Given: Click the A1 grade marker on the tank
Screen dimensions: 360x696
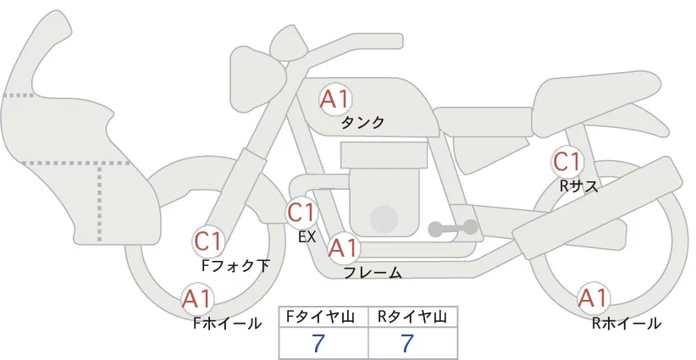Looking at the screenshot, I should point(334,99).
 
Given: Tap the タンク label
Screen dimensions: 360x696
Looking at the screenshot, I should point(362,123).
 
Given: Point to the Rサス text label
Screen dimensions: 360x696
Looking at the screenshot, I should point(578,186).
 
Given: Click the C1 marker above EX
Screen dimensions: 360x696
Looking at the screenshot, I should point(301,212).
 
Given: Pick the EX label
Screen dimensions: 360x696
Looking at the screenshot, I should point(307,237).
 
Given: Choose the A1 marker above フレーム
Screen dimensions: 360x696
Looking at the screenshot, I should point(343,248).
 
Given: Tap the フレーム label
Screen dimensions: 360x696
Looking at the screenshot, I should point(373,273).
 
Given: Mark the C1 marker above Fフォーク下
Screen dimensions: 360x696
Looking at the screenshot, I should point(207,241).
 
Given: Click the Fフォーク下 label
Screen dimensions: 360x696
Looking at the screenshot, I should point(235,266).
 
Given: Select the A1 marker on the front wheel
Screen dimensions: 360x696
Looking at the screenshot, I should point(197,298).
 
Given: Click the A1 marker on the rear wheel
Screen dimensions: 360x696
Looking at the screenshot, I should point(593,298).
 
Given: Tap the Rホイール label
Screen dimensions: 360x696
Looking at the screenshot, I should point(627,323).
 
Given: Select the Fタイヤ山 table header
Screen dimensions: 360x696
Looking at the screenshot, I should point(323,317).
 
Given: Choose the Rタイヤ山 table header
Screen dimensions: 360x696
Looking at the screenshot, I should point(412,317).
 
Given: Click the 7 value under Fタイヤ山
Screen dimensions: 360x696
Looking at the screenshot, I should point(318,343).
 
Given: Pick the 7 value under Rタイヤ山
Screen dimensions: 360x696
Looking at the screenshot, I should point(407,343).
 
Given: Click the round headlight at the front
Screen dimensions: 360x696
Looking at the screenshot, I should point(255,68).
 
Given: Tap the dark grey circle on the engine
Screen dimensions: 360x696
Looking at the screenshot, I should point(385,219).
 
